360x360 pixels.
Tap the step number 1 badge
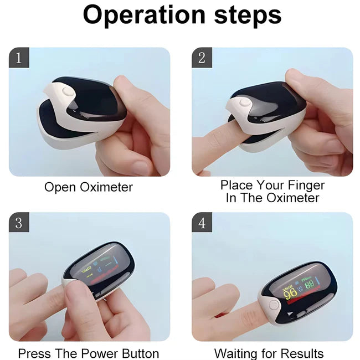[19, 58]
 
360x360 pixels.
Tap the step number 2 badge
[202, 58]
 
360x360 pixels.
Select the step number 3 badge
[19, 223]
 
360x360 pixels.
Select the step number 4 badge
[202, 223]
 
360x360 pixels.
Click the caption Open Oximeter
[89, 187]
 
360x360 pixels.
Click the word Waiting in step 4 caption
[236, 353]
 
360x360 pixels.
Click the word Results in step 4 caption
[301, 353]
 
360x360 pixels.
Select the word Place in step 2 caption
[236, 184]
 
